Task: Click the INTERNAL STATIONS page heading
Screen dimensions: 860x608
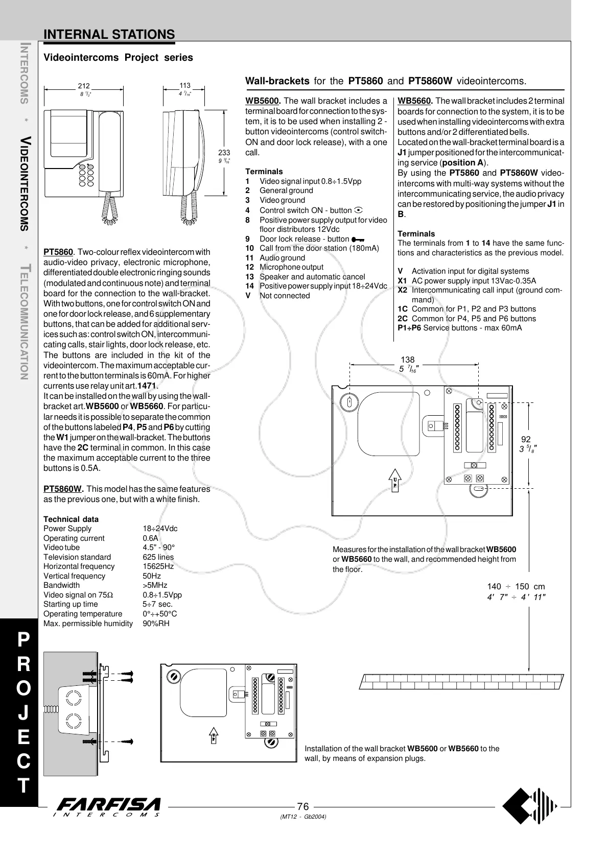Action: click(109, 34)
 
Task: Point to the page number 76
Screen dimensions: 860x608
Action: click(303, 806)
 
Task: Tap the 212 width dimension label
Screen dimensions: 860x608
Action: click(83, 86)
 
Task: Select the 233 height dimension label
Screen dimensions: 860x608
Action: click(224, 153)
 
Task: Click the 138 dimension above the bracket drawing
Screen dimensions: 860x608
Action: click(408, 360)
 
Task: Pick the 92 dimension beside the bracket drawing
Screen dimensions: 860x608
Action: click(526, 439)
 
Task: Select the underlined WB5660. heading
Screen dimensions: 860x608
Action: click(415, 101)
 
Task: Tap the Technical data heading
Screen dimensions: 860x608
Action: click(71, 519)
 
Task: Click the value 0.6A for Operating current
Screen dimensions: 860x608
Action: click(151, 538)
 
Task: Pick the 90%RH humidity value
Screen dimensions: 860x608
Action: click(156, 623)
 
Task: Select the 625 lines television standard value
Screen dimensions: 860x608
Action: click(158, 557)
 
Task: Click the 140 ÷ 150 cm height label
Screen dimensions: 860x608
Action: click(516, 587)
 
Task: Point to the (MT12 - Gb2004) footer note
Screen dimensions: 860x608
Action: click(303, 817)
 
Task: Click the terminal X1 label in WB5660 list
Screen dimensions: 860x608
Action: click(402, 281)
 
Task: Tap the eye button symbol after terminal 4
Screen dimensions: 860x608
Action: click(358, 210)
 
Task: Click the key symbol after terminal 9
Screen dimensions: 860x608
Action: click(358, 239)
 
